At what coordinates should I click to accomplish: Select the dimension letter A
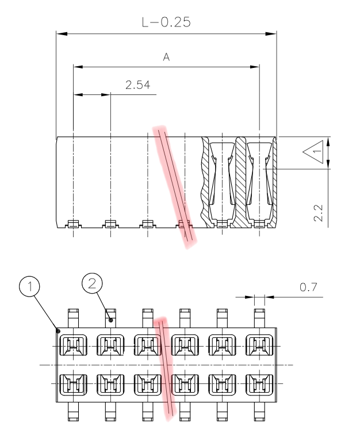[166, 58]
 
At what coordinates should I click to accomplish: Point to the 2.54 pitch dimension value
[137, 86]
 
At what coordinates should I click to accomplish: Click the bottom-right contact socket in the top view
[257, 383]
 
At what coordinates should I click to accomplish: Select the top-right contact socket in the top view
[257, 345]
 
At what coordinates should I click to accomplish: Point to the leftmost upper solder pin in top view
[73, 317]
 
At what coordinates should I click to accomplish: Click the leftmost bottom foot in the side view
[73, 224]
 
